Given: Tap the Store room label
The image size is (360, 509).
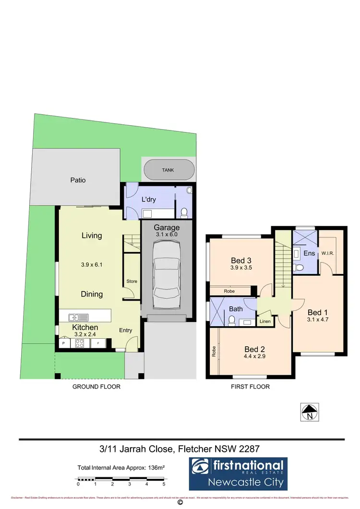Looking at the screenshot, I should point(132,282).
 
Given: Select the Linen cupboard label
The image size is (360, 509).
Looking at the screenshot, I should point(265,321).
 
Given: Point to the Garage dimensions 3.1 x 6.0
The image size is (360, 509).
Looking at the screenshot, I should point(167,235).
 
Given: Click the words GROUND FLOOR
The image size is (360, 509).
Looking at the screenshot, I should point(96,387).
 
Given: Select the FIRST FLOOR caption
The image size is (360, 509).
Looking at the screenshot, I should point(250,387).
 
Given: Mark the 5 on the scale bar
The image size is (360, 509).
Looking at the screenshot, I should point(164,485).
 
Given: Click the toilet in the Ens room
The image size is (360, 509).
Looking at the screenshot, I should point(300,267).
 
